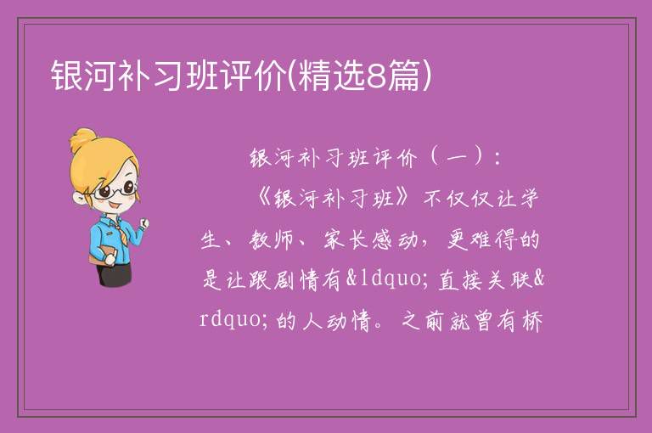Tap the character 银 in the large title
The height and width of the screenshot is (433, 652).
point(67,76)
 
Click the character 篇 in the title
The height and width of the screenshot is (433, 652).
point(403,76)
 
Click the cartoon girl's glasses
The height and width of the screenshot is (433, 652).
point(115,190)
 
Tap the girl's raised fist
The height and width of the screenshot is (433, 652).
point(144,223)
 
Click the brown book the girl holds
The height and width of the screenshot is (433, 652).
point(102,255)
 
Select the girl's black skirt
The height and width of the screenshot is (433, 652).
point(115,274)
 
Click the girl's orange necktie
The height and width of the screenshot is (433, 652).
point(120,232)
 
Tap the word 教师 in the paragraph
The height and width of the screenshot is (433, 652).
point(272,240)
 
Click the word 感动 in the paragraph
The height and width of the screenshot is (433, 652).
point(394,240)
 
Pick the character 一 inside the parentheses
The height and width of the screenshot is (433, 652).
point(457,159)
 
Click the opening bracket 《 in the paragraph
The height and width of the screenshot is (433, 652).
point(264,199)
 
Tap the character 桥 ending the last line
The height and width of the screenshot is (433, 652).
point(531,321)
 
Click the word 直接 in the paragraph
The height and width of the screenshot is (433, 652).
point(460,279)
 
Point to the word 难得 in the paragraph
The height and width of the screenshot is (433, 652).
point(494,240)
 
